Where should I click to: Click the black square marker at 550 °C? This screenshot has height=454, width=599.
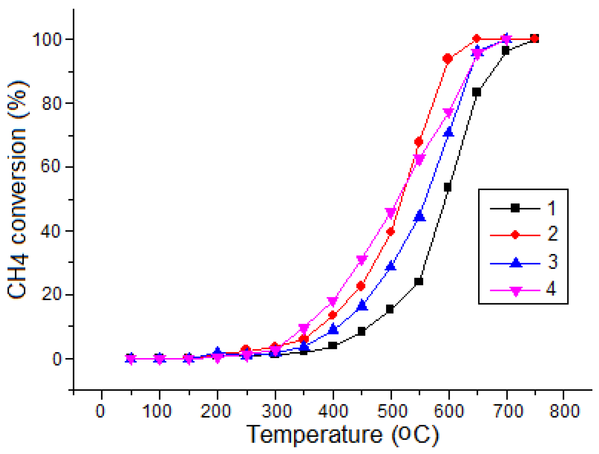(418, 281)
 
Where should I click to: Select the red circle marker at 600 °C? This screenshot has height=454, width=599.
(448, 59)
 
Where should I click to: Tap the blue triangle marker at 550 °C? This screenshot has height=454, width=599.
(419, 216)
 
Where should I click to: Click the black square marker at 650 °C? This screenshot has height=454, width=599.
(476, 92)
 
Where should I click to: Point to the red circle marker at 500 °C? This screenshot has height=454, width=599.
(390, 232)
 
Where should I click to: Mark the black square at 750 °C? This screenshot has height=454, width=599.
(534, 39)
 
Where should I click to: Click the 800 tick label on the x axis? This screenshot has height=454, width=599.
(564, 411)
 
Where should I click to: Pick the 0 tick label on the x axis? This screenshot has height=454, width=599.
(101, 411)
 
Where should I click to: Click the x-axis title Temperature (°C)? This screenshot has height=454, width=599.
(343, 435)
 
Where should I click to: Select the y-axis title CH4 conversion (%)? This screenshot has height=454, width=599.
(18, 190)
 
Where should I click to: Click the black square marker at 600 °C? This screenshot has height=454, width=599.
(448, 187)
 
